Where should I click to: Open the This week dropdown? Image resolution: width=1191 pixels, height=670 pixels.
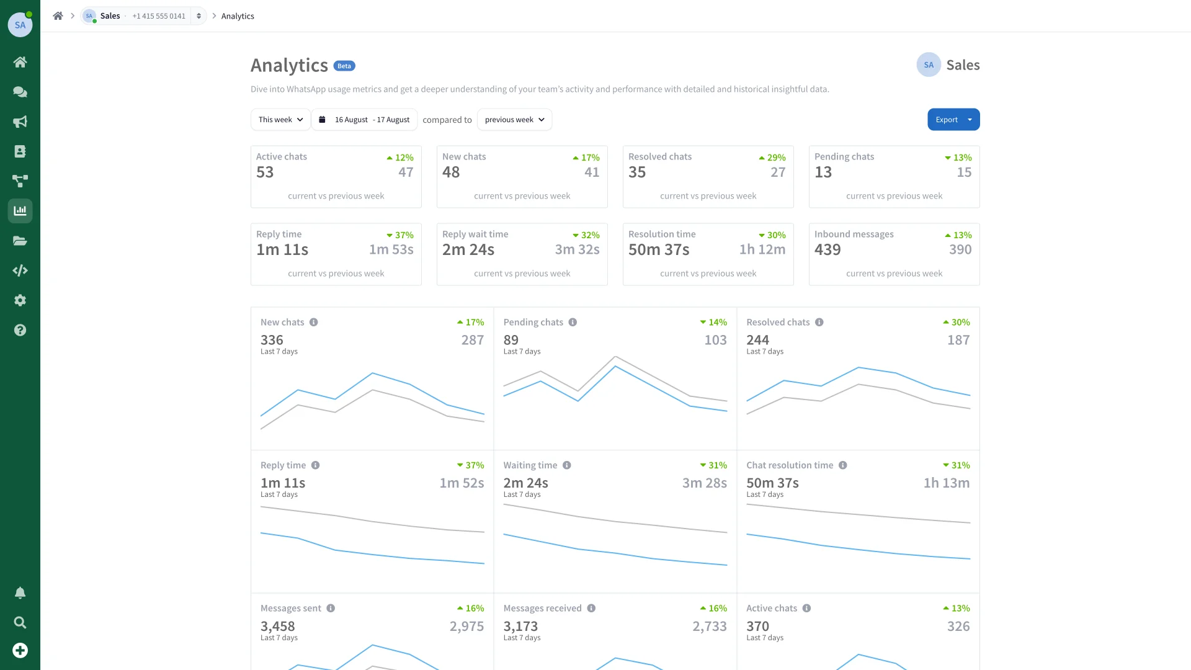(280, 120)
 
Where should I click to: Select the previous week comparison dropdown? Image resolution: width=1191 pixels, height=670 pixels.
(514, 120)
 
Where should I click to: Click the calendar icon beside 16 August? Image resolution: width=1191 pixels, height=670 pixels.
(322, 120)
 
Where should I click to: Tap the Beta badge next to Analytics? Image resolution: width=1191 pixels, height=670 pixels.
(344, 66)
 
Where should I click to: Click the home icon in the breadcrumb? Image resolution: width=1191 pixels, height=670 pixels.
(58, 16)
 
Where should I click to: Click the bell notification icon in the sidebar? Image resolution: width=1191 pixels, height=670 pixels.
(20, 593)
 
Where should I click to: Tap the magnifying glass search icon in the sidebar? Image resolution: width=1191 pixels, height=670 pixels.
(20, 622)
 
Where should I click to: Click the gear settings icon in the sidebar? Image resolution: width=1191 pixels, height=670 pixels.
(20, 300)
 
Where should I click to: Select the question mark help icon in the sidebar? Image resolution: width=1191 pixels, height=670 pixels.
(20, 330)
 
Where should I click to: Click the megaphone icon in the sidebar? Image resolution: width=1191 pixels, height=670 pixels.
(20, 122)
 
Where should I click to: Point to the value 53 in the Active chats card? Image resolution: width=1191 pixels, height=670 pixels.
(265, 172)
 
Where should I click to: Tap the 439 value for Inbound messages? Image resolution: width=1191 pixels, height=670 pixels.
(827, 250)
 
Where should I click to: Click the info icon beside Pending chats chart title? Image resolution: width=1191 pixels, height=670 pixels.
(573, 323)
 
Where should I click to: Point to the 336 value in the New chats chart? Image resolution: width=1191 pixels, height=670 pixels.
(272, 340)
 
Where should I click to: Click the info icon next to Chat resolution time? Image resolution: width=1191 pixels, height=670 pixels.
(843, 465)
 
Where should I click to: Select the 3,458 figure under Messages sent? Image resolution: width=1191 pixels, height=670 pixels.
(278, 627)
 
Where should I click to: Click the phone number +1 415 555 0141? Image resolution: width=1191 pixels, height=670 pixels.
(159, 16)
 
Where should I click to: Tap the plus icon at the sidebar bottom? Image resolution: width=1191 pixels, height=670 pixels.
(20, 650)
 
